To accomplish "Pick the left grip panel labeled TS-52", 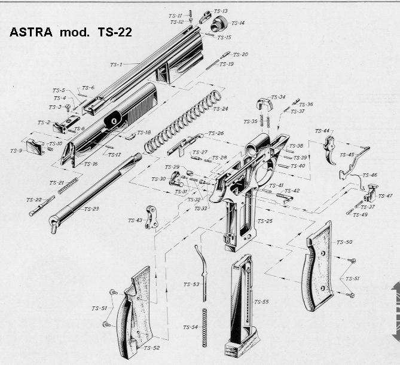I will [135, 311].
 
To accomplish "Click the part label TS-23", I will [91, 209].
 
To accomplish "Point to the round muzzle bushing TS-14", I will [218, 24].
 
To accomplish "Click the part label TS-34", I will [278, 97].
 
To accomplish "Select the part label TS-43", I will [135, 220].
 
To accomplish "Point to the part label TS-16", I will [91, 164].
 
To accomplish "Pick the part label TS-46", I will [370, 175].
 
